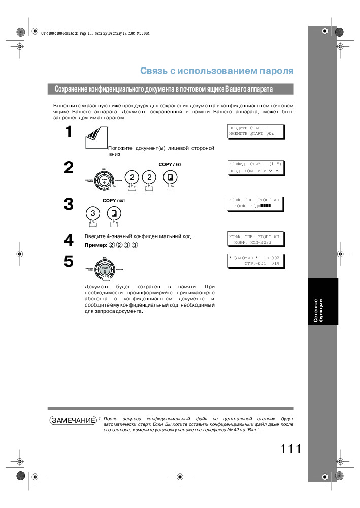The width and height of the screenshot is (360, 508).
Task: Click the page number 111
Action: coord(290,449)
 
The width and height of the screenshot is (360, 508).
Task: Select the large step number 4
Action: coord(68,240)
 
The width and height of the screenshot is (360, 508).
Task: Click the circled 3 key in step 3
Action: coord(93,214)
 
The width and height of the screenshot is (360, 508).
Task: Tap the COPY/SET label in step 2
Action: coord(170,165)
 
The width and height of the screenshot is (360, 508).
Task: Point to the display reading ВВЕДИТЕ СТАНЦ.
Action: coord(254,131)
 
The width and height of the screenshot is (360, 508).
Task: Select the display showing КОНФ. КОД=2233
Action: coord(254,239)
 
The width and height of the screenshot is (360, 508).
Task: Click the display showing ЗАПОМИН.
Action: coord(254,261)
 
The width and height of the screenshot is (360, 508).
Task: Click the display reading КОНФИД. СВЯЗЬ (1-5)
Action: coord(254,167)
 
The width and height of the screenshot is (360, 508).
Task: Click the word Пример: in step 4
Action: coord(95,245)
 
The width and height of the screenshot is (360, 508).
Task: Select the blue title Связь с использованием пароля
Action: coord(217,71)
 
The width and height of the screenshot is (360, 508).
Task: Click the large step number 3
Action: coord(68,204)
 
